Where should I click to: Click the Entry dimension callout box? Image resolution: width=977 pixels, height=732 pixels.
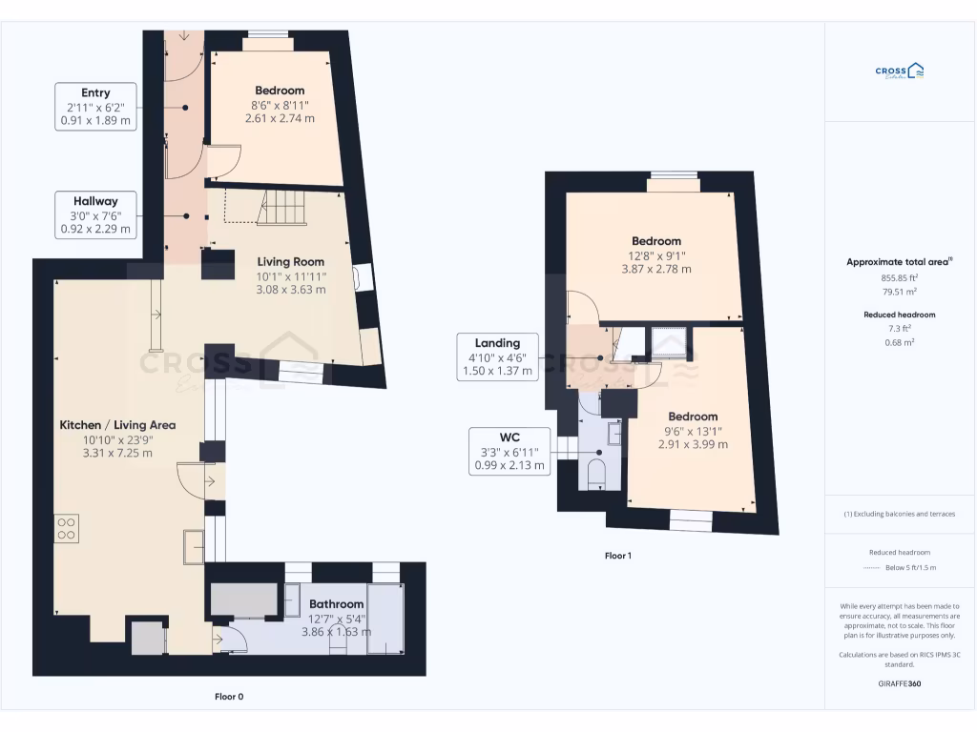pyautogui.click(x=95, y=107)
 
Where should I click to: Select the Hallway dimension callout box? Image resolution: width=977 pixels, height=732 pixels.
pyautogui.click(x=95, y=215)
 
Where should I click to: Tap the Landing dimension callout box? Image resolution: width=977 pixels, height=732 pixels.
pyautogui.click(x=497, y=357)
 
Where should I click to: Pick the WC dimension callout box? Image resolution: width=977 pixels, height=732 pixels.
pyautogui.click(x=509, y=452)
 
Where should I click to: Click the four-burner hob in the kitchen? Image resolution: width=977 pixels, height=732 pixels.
pyautogui.click(x=67, y=528)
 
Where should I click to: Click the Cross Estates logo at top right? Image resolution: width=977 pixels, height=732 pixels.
pyautogui.click(x=900, y=71)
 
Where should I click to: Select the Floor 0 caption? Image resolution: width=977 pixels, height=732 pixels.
pyautogui.click(x=229, y=697)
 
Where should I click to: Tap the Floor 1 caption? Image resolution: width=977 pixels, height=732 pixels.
pyautogui.click(x=617, y=556)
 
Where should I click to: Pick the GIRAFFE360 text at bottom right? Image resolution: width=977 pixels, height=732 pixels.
pyautogui.click(x=900, y=683)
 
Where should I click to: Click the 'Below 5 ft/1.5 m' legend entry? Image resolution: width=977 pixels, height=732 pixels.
pyautogui.click(x=911, y=567)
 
